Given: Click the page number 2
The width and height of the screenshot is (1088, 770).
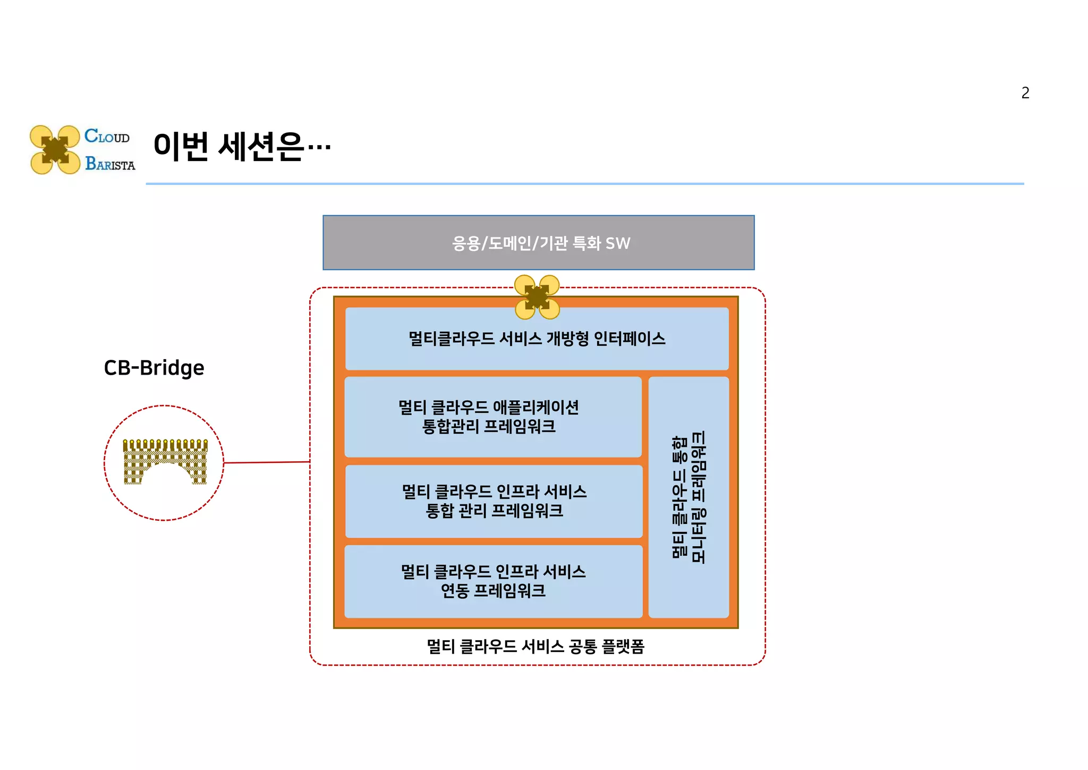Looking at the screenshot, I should [x=1025, y=93].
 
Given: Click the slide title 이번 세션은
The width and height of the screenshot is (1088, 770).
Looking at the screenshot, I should [x=242, y=147].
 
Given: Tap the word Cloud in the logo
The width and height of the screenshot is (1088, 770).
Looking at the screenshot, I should [x=107, y=136].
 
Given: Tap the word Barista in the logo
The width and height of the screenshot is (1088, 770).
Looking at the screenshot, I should [x=110, y=164].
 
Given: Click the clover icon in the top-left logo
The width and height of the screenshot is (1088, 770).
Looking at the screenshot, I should [x=55, y=150].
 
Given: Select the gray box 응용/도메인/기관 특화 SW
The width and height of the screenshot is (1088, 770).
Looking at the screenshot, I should [x=538, y=243].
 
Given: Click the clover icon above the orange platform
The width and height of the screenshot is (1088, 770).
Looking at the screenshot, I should [x=537, y=297].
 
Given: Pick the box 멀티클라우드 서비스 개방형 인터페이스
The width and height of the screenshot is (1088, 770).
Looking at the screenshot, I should [x=537, y=339].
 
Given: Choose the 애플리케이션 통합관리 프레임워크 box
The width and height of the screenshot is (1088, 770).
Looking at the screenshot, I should [x=492, y=417].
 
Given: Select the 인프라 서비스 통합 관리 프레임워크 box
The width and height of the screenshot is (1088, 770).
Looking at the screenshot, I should [x=494, y=501].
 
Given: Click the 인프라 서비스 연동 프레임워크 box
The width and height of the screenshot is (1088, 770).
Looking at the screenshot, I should [x=493, y=581].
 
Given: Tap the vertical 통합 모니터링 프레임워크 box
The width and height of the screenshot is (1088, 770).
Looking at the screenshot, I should [x=688, y=497].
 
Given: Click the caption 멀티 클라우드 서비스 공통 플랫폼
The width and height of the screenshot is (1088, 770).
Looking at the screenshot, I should [x=535, y=647].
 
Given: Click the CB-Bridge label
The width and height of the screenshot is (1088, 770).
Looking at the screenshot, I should [x=154, y=368].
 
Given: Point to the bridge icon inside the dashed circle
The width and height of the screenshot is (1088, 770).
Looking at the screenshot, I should [x=165, y=462].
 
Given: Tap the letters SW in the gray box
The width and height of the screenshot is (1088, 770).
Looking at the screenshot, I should [x=617, y=243].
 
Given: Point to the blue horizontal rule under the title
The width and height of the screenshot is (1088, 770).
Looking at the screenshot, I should [x=584, y=184].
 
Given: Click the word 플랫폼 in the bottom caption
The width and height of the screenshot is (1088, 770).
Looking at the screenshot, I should [x=623, y=647].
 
